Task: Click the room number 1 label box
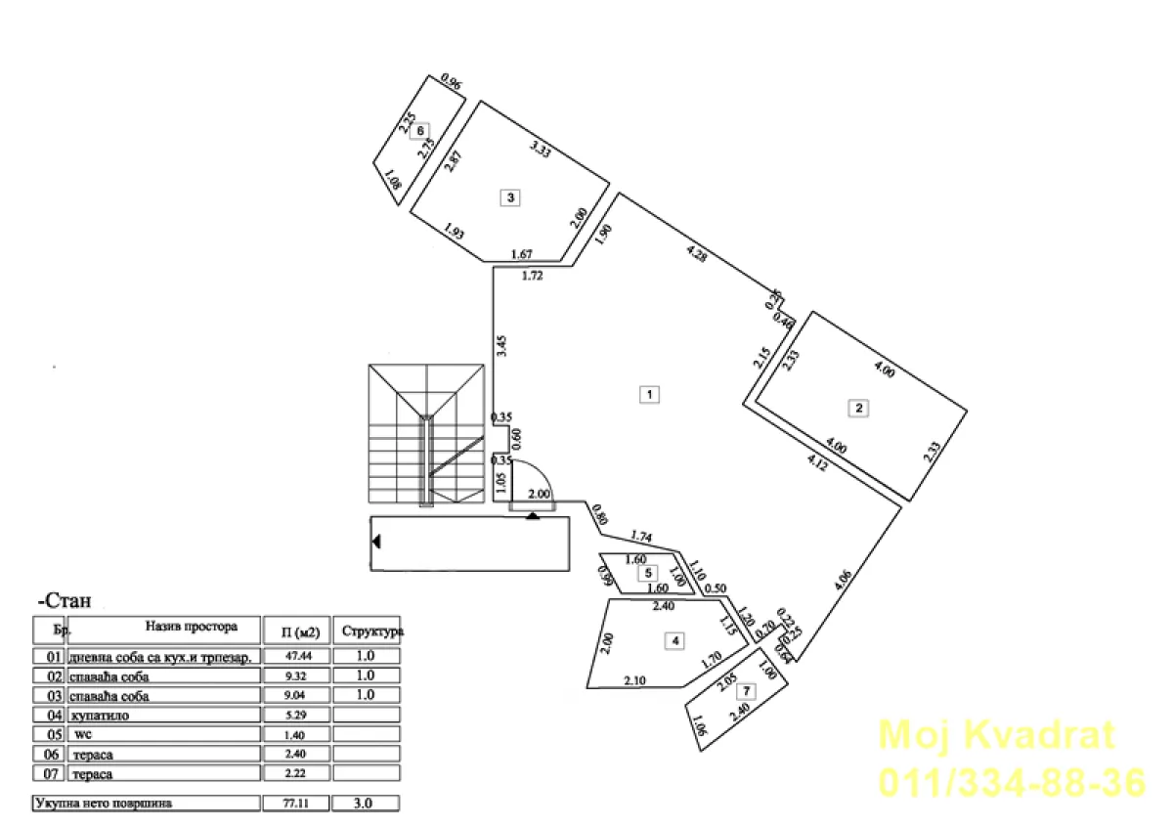point(648,395)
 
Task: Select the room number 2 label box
point(858,409)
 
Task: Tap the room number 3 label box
point(510,197)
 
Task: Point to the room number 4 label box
point(673,641)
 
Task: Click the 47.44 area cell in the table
point(295,657)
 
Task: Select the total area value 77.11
point(295,804)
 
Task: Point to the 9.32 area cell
point(295,676)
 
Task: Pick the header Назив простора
point(192,625)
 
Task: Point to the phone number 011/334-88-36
point(1012,783)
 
